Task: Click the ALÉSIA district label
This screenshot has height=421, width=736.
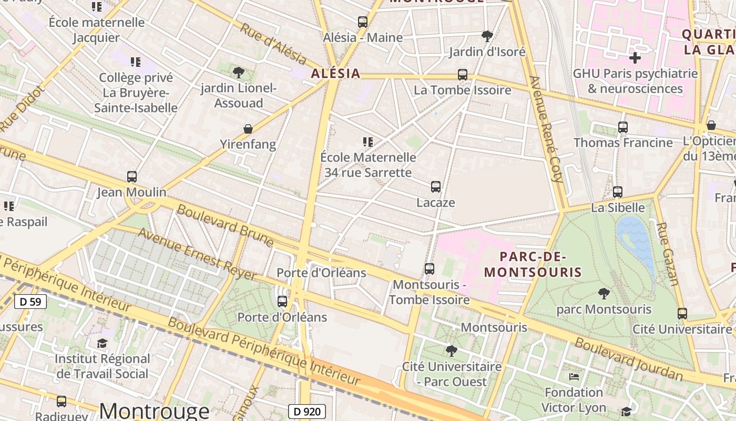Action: tap(335, 74)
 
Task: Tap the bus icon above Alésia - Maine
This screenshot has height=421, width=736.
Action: tap(362, 22)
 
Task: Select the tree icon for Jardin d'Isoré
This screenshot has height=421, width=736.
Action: tap(487, 36)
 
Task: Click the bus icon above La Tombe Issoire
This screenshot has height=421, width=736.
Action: tap(463, 75)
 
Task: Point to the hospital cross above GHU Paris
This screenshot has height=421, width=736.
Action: tap(635, 57)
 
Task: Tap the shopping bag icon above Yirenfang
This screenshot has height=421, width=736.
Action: tap(248, 129)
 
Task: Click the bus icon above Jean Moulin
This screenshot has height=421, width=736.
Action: tap(131, 177)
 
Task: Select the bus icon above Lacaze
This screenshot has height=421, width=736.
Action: tap(436, 187)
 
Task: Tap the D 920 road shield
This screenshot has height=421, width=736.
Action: tap(307, 412)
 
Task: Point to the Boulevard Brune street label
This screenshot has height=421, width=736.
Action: tap(225, 225)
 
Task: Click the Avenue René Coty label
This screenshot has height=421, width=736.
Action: tap(546, 129)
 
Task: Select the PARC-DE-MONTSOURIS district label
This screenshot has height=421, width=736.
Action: tap(533, 265)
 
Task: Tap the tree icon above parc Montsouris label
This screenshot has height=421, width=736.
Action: tap(604, 294)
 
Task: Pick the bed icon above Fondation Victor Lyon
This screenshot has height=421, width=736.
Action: tap(574, 377)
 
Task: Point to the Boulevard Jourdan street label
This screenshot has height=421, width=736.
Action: tap(628, 359)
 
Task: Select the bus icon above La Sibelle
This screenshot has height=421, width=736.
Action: tap(618, 192)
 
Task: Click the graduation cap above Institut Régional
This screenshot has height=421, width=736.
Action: tap(102, 344)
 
